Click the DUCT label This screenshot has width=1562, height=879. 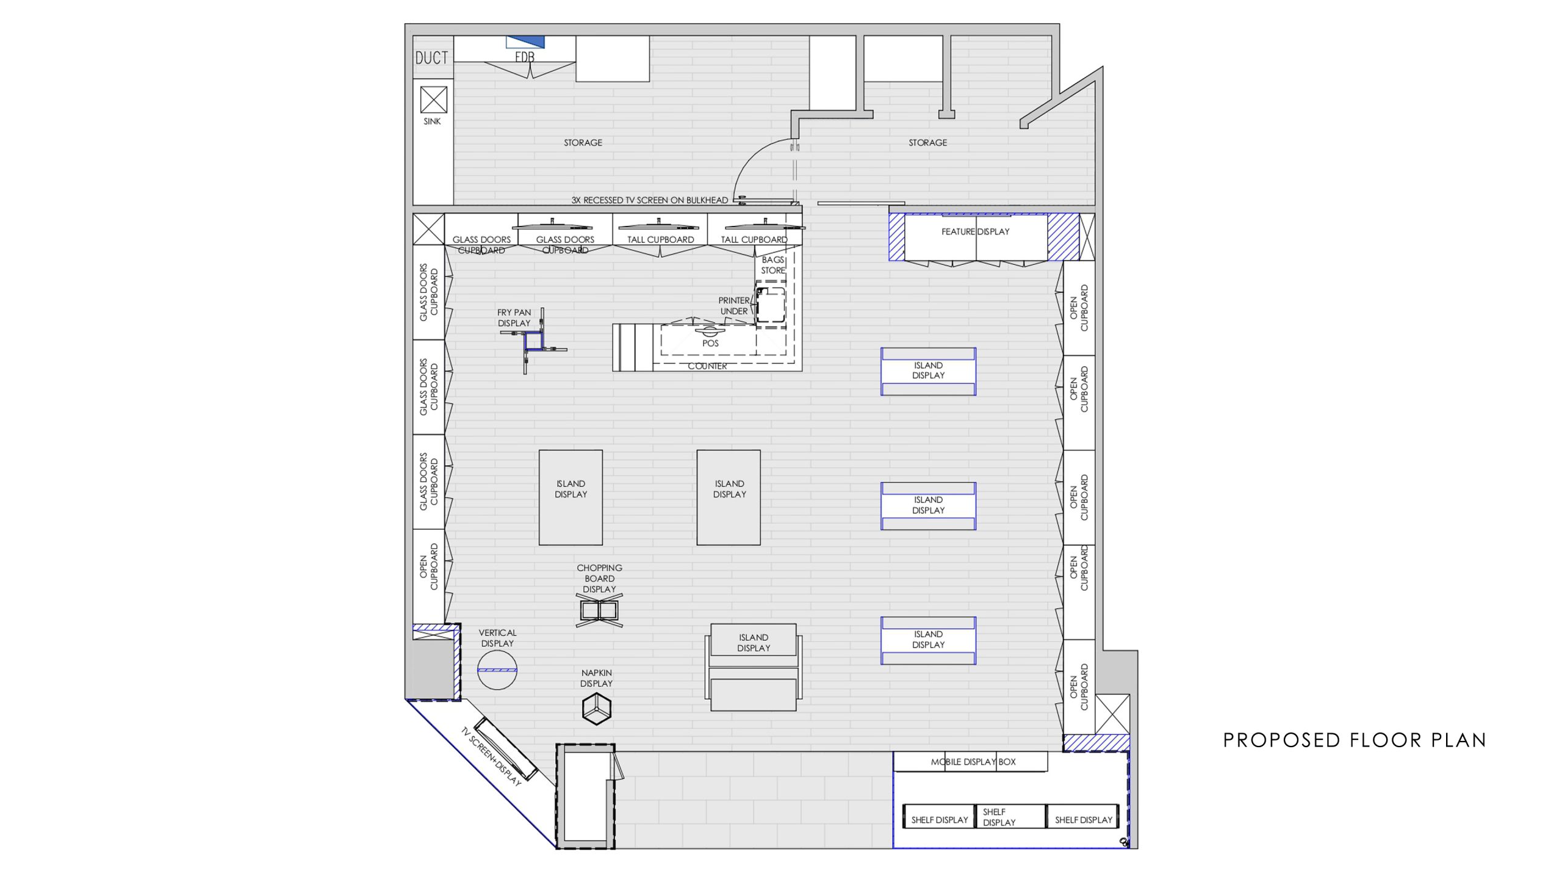(432, 58)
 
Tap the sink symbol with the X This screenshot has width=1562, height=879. (434, 99)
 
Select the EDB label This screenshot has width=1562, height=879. (525, 57)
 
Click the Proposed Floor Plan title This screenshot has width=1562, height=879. (1355, 740)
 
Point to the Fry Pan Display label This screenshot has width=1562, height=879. (514, 317)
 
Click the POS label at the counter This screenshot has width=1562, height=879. (710, 343)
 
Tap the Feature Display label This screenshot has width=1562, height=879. (975, 231)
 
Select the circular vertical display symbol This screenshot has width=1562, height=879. (497, 670)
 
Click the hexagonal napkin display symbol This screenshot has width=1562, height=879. (597, 709)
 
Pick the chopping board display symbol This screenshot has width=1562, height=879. (600, 610)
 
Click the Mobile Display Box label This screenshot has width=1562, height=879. (973, 762)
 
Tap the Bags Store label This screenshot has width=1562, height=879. (772, 265)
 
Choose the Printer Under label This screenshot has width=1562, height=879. (734, 306)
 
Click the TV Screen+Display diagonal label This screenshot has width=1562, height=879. (491, 756)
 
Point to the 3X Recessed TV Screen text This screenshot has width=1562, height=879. (650, 200)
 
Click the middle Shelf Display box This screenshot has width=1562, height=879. (1011, 817)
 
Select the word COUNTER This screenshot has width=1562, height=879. (707, 366)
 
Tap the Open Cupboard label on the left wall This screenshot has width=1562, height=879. (429, 567)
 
